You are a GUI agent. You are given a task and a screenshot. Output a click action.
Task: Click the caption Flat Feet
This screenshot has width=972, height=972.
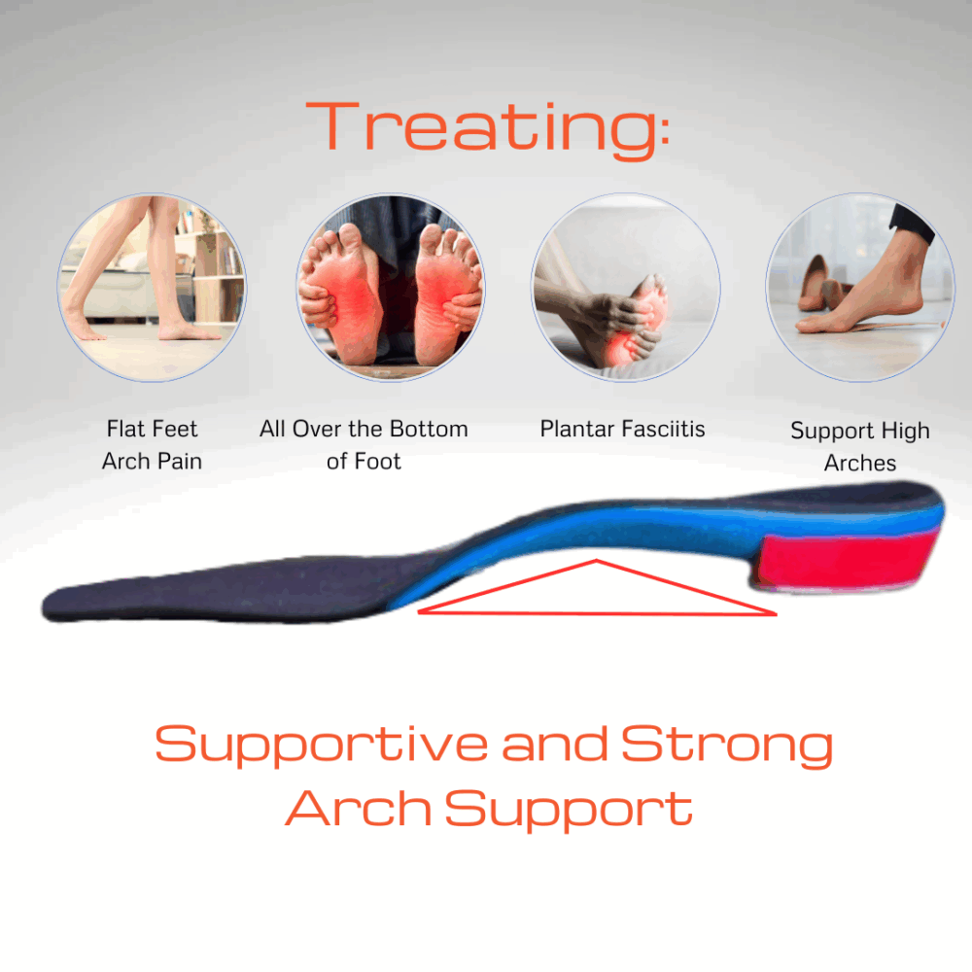coord(152,429)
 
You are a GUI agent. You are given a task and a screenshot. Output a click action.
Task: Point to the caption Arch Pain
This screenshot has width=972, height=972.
coord(152,461)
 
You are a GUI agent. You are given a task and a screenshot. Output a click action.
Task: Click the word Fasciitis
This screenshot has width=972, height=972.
coord(666,429)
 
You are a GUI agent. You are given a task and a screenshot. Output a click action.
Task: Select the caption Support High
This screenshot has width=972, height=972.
coord(859,431)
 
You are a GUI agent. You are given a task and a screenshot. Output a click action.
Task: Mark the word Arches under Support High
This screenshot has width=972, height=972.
coord(859,464)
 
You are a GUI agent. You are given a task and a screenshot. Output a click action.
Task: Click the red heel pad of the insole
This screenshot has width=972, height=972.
coord(847,560)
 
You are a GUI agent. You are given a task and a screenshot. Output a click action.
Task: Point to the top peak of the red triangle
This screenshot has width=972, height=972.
coord(595,562)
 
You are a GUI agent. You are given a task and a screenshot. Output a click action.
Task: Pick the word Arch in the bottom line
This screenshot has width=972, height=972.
coord(359,808)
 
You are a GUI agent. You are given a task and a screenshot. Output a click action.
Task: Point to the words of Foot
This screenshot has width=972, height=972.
coord(364,461)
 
